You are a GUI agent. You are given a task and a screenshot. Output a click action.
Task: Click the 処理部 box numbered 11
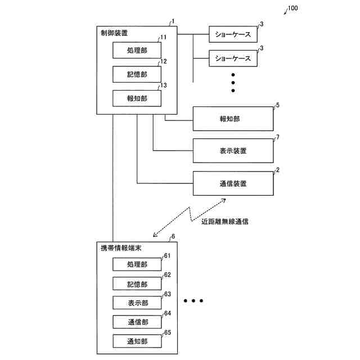137,50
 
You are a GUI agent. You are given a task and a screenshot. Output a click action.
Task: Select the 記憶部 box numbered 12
137,74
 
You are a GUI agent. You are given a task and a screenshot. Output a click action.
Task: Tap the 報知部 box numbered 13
137,98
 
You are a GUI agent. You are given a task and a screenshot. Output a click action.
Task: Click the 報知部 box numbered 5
233,119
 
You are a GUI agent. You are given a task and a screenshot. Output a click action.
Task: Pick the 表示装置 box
233,151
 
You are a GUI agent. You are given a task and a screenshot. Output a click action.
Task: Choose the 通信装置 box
233,183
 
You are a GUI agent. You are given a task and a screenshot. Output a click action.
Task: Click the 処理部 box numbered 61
137,264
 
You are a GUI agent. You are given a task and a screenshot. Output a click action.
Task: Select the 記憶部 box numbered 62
137,283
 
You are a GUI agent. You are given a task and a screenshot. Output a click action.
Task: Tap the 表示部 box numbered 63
137,303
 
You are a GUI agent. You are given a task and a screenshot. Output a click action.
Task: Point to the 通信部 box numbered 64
137,322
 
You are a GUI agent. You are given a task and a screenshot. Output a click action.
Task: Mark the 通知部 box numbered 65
137,341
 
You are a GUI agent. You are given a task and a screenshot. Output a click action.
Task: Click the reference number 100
293,9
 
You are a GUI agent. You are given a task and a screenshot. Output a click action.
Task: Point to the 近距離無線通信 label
225,222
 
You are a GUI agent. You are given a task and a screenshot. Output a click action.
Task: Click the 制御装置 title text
114,33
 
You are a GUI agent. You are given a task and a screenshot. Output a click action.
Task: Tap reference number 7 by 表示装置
277,137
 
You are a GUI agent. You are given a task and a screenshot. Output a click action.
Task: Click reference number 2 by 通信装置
277,169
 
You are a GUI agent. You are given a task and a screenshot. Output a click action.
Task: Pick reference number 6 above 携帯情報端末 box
173,237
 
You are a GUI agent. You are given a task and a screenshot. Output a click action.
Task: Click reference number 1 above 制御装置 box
173,21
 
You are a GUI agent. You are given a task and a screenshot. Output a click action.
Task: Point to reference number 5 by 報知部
277,105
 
